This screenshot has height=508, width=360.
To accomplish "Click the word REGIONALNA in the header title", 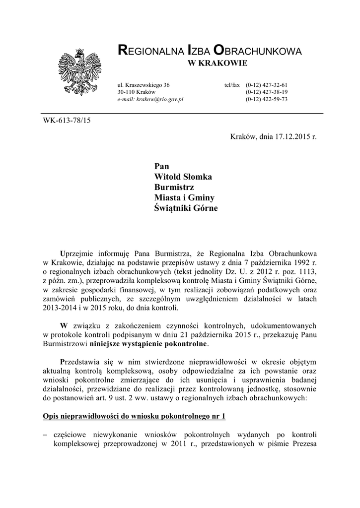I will pos(149,51).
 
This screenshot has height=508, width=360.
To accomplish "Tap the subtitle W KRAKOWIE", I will pos(216,63).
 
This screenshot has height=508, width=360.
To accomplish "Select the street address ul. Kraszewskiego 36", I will pos(144,85).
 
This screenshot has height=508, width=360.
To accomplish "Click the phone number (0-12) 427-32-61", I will pos(267,85).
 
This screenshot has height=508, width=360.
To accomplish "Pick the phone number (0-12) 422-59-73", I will pos(267,99).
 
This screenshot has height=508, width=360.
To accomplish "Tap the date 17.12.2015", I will pos(292,137).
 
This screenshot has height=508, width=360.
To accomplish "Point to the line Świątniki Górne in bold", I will pos(186,208).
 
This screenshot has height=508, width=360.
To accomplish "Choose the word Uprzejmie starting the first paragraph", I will pos(78,253).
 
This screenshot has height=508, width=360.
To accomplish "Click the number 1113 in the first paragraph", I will pos(306,272).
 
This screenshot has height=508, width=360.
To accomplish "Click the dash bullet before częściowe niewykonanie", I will pos(46,435).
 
